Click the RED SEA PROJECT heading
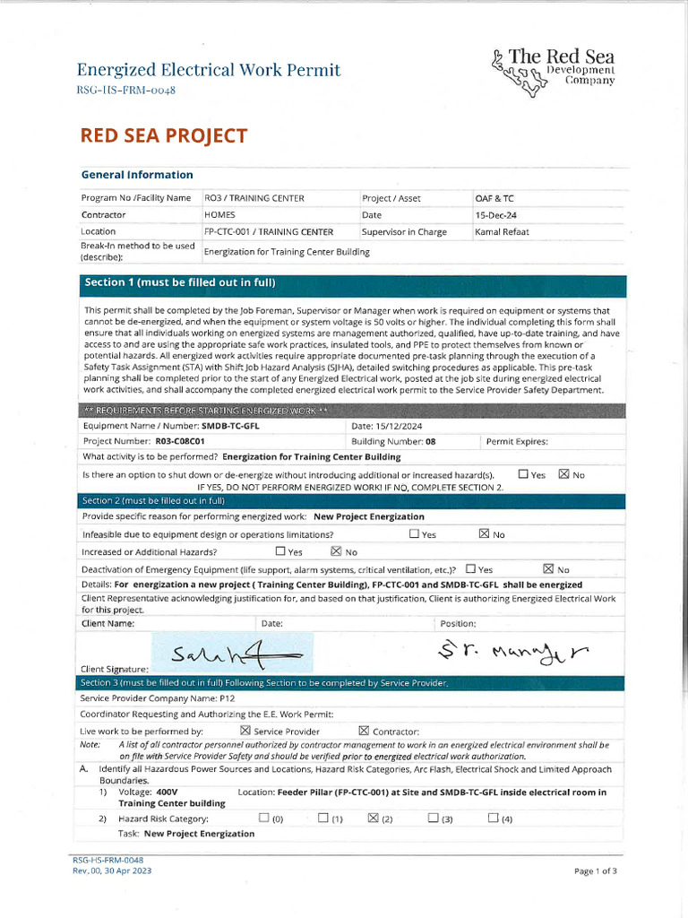[163, 135]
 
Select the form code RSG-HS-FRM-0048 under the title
[125, 90]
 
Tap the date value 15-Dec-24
[495, 215]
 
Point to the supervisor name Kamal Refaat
[502, 232]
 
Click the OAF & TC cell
[494, 198]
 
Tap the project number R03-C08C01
[180, 441]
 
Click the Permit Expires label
[516, 441]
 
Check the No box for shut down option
[563, 474]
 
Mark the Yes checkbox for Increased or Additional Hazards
[280, 551]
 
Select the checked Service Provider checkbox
[245, 731]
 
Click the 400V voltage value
[167, 792]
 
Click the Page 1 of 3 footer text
[595, 870]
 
